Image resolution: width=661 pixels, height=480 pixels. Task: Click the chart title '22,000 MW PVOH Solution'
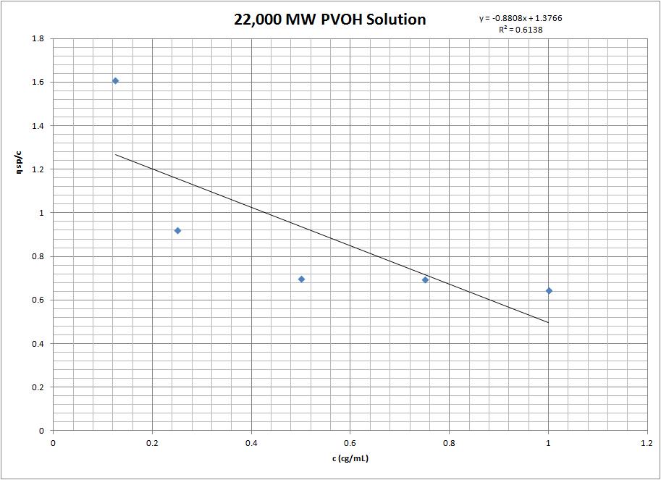click(x=329, y=20)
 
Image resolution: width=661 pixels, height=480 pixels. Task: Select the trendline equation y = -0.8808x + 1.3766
click(x=521, y=18)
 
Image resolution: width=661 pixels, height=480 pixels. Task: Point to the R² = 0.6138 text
click(x=521, y=30)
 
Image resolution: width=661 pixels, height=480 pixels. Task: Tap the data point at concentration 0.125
click(x=115, y=81)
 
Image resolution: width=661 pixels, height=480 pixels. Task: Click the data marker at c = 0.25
click(x=177, y=231)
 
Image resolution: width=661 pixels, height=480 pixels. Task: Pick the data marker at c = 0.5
click(x=301, y=279)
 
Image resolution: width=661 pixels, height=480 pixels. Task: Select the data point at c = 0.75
click(x=425, y=279)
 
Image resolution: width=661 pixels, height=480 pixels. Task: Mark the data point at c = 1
click(x=549, y=291)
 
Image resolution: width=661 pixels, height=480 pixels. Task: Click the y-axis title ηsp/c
click(x=28, y=233)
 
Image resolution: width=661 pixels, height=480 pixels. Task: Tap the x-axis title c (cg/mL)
click(x=350, y=458)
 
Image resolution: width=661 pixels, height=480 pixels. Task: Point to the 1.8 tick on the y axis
click(x=38, y=38)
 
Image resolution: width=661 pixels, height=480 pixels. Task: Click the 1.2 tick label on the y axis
click(x=38, y=169)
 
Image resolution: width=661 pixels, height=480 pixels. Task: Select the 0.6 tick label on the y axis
click(x=38, y=300)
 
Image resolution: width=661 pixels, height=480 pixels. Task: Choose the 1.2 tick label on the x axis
click(x=647, y=441)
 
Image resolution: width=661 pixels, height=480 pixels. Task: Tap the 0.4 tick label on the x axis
click(x=251, y=441)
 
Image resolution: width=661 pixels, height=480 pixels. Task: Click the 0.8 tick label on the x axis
click(x=449, y=441)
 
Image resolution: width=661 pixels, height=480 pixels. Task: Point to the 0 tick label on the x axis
click(x=53, y=441)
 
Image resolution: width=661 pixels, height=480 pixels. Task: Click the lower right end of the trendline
click(x=548, y=322)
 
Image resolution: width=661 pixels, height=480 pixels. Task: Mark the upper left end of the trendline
click(x=116, y=154)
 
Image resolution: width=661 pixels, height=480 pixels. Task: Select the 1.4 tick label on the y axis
click(x=38, y=126)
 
